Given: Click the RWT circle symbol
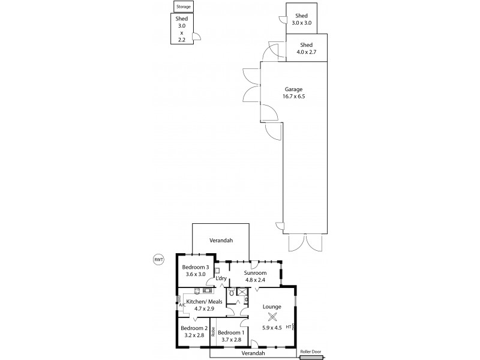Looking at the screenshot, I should [158, 259].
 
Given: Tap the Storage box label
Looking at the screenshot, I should [182, 7].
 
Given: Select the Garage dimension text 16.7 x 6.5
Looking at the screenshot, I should [294, 96].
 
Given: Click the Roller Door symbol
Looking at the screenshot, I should [311, 358].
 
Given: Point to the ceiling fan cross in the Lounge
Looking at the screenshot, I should [272, 318].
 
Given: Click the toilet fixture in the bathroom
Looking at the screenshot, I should [232, 293].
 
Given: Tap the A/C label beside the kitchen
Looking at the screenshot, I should [181, 305].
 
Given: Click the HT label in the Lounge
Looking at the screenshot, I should [289, 327].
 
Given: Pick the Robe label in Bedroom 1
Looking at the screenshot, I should [213, 332].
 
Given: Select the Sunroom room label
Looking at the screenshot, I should [255, 272].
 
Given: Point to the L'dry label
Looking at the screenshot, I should [221, 278].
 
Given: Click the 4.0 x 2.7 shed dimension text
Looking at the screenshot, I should [306, 52].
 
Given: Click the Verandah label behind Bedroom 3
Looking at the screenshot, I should [220, 240].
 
